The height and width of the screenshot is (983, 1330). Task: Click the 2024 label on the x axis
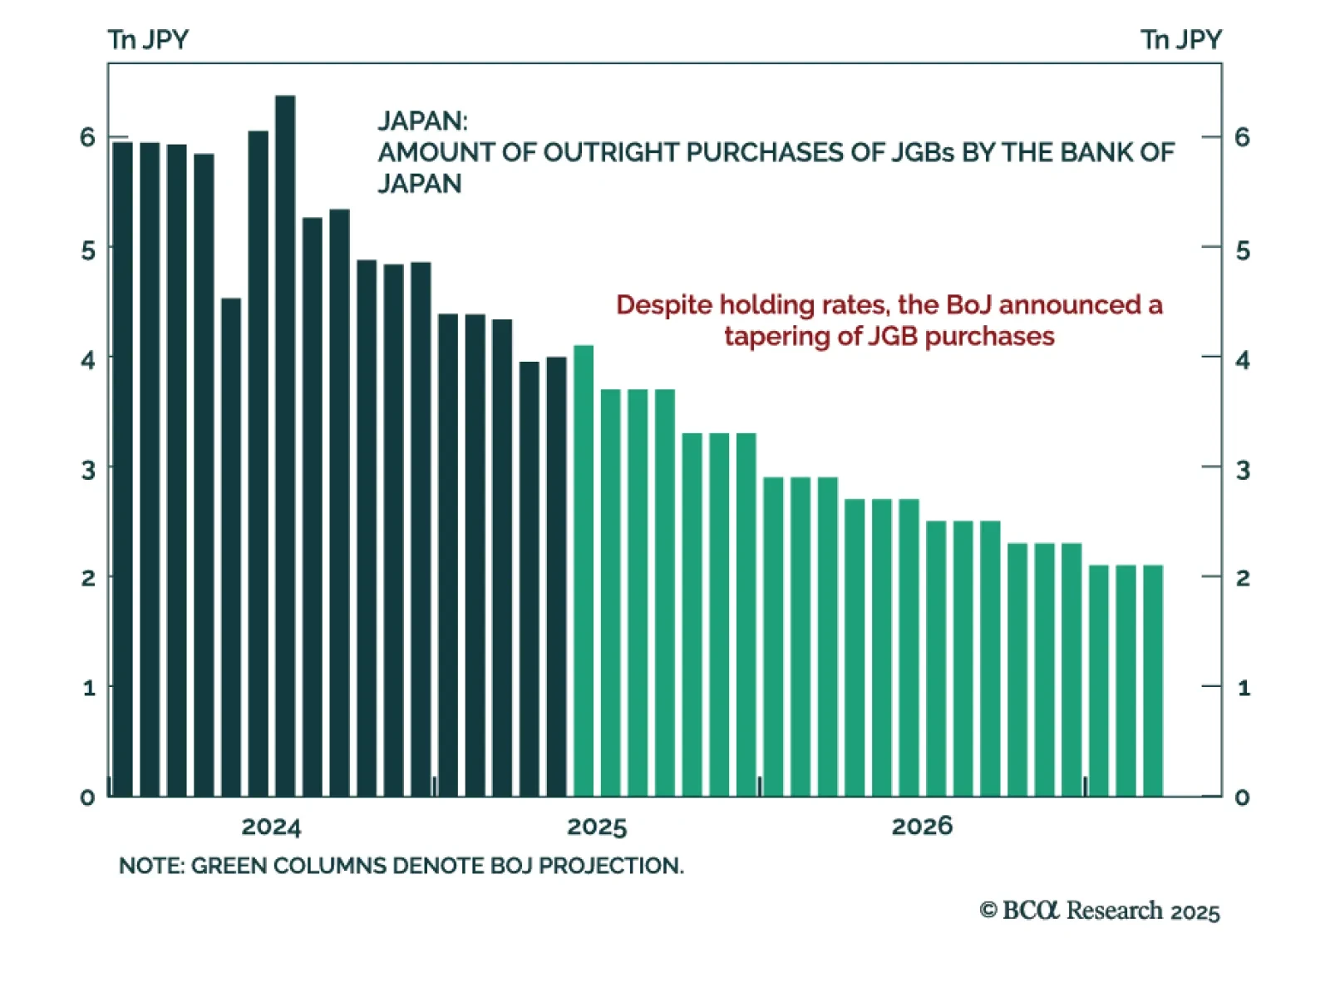(271, 827)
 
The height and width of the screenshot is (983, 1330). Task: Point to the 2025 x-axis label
(597, 827)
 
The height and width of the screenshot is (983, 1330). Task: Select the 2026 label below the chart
(922, 827)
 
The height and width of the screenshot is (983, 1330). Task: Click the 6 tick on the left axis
(88, 137)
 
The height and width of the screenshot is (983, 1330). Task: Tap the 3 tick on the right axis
(1243, 471)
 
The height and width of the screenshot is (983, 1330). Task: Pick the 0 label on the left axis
(87, 798)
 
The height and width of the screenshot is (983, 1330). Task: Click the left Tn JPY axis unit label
(148, 40)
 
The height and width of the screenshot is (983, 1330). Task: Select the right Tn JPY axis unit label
(1180, 40)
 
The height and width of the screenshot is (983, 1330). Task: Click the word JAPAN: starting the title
(422, 121)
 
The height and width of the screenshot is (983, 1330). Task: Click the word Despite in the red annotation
(664, 305)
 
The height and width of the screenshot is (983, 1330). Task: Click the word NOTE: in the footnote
(151, 866)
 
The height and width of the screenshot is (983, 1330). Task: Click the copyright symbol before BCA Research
(988, 911)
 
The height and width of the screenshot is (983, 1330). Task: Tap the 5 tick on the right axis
(1243, 250)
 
